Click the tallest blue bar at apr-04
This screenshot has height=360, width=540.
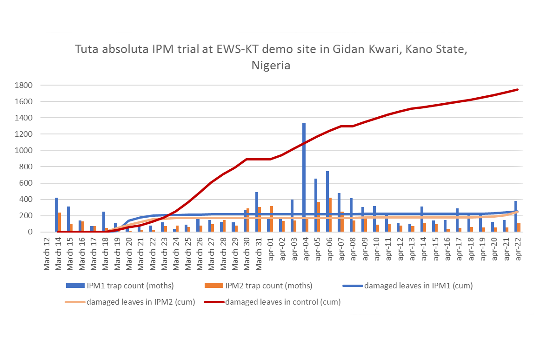[x=304, y=177]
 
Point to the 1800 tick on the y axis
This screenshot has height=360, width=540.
[x=23, y=86]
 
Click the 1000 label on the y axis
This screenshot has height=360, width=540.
[x=23, y=151]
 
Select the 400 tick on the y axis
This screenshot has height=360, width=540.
[x=25, y=200]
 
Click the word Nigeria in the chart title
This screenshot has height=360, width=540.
[x=271, y=66]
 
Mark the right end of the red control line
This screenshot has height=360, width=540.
[x=517, y=90]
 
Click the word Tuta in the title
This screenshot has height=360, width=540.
[x=86, y=49]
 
